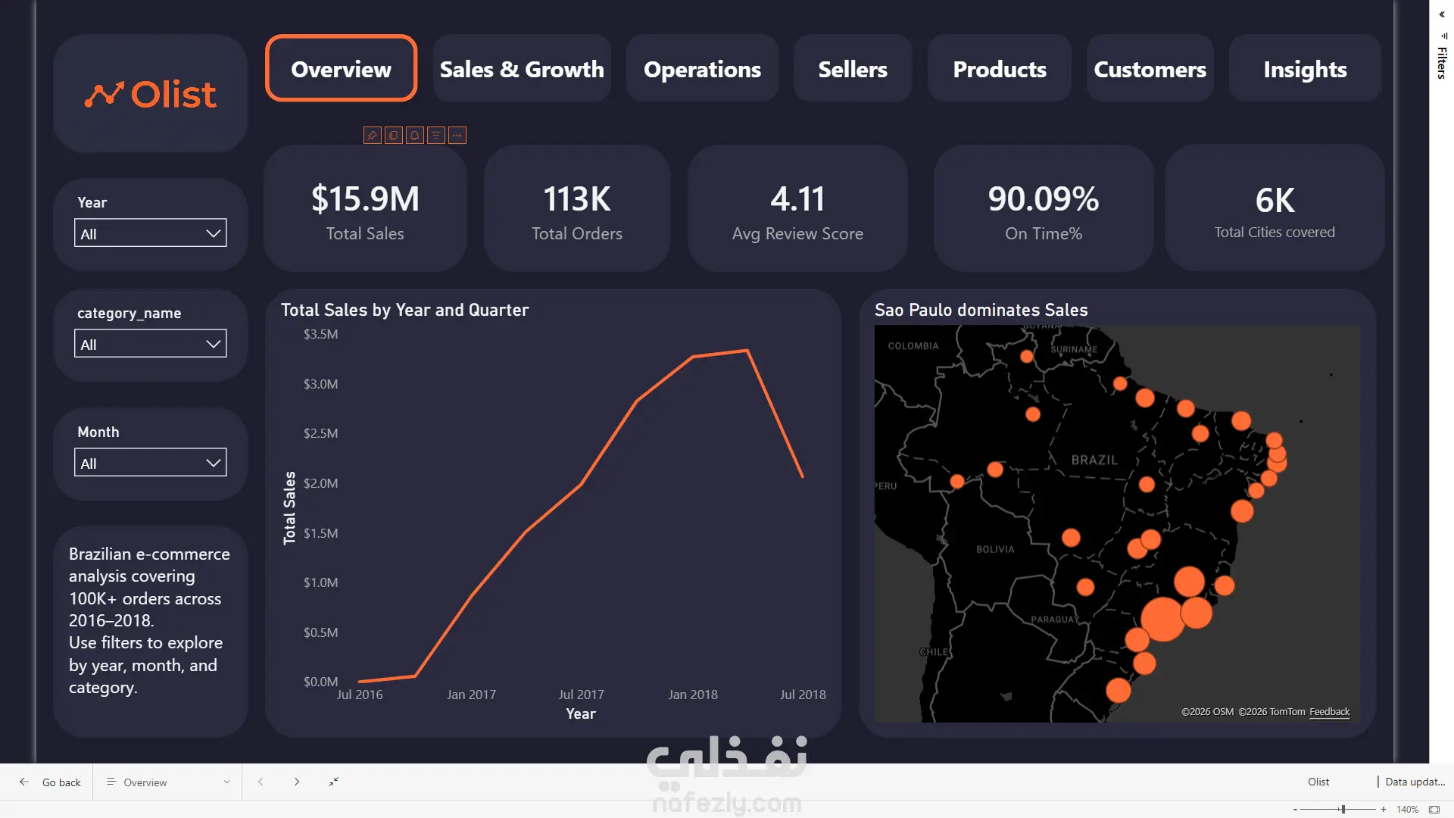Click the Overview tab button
pyautogui.click(x=341, y=68)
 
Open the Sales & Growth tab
pyautogui.click(x=522, y=68)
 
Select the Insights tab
pyautogui.click(x=1305, y=68)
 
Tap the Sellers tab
pyautogui.click(x=853, y=68)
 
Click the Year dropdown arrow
pyautogui.click(x=214, y=233)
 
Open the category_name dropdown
pyautogui.click(x=151, y=344)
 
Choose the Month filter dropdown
pyautogui.click(x=151, y=463)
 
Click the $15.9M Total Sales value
pyautogui.click(x=365, y=199)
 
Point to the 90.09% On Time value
pyautogui.click(x=1044, y=199)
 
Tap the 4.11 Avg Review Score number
pyautogui.click(x=797, y=199)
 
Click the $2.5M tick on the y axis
pyautogui.click(x=321, y=433)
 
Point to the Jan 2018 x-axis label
pyautogui.click(x=693, y=695)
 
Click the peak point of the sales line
pyautogui.click(x=747, y=350)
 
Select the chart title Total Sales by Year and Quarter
pyautogui.click(x=405, y=310)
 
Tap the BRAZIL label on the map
pyautogui.click(x=1094, y=460)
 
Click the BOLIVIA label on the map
pyautogui.click(x=995, y=549)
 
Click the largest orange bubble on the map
pyautogui.click(x=1162, y=619)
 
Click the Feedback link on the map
pyautogui.click(x=1329, y=712)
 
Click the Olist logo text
pyautogui.click(x=173, y=95)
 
